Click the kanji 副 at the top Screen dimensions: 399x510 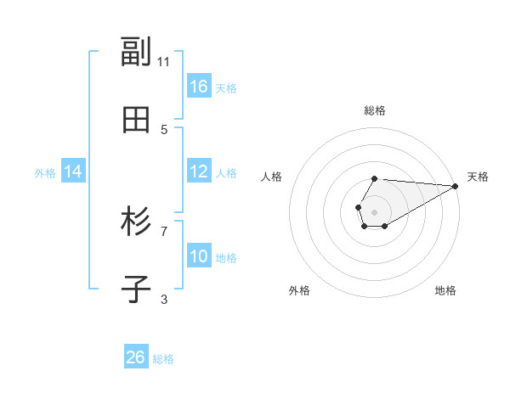pyautogui.click(x=136, y=53)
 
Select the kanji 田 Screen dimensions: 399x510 pyautogui.click(x=136, y=121)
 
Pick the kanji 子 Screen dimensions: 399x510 pyautogui.click(x=136, y=290)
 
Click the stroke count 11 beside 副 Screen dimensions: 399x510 pyautogui.click(x=164, y=61)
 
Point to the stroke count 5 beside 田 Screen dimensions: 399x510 pyautogui.click(x=164, y=129)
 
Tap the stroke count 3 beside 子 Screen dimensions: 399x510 pyautogui.click(x=164, y=299)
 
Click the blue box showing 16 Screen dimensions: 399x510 pyautogui.click(x=199, y=87)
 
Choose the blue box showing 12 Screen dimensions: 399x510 pyautogui.click(x=199, y=171)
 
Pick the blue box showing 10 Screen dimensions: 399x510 pyautogui.click(x=199, y=256)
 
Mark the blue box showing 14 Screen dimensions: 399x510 pyautogui.click(x=73, y=171)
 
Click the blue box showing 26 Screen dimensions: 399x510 pyautogui.click(x=136, y=357)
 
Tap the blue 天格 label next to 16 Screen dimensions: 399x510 pyautogui.click(x=226, y=88)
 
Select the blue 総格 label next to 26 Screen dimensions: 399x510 pyautogui.click(x=163, y=359)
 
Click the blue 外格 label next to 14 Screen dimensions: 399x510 pyautogui.click(x=45, y=173)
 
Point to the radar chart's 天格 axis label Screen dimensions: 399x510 pyautogui.click(x=478, y=177)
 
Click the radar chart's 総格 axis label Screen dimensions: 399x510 pyautogui.click(x=375, y=110)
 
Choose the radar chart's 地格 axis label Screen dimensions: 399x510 pyautogui.click(x=445, y=290)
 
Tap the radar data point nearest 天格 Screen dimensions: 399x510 pyautogui.click(x=455, y=186)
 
